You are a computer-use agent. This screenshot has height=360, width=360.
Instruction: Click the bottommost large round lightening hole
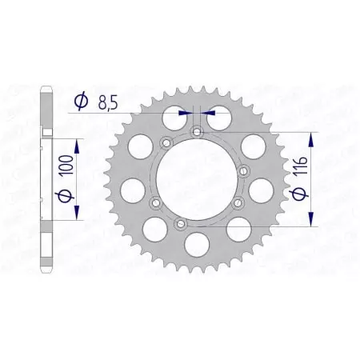(x=194, y=242)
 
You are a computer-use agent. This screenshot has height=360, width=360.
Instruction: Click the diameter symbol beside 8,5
(x=81, y=101)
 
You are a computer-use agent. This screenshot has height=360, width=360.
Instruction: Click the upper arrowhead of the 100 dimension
(x=77, y=145)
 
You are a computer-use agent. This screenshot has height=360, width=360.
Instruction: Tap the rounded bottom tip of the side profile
(x=45, y=276)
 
